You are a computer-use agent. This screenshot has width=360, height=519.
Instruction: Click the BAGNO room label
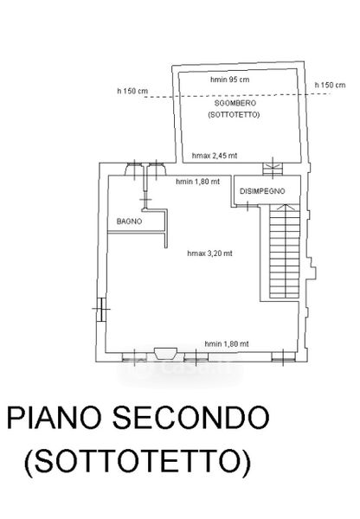pos(129,221)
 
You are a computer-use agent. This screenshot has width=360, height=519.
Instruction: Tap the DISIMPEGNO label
pos(262,191)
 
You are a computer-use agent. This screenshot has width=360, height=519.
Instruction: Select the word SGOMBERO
pos(235,103)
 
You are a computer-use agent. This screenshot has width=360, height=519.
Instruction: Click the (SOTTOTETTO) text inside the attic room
pos(234,115)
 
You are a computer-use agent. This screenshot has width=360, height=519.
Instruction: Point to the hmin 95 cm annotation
pos(230,80)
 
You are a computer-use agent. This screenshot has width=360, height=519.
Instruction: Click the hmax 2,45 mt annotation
pos(215,156)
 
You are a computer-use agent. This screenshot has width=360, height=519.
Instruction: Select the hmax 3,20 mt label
pos(209,253)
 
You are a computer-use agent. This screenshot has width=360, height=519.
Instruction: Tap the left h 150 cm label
pos(132,91)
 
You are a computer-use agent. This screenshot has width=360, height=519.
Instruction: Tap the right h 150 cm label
pos(330,85)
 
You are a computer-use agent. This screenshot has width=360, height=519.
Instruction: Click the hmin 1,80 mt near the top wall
pos(197,182)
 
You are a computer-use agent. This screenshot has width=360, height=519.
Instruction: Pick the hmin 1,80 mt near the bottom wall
pos(227,344)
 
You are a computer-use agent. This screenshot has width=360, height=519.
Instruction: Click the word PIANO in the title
pos(54,418)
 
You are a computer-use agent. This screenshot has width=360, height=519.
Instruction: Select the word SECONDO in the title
pos(191,418)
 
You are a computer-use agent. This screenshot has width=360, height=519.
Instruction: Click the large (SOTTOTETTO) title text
pos(138,461)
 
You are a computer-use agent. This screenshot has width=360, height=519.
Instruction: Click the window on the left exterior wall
pos(102,309)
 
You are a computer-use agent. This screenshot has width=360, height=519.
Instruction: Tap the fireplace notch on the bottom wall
pos(165,353)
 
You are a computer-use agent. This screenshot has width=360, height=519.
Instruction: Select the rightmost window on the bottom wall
pos(284,356)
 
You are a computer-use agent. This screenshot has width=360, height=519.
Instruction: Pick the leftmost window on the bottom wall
pos(134,356)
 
